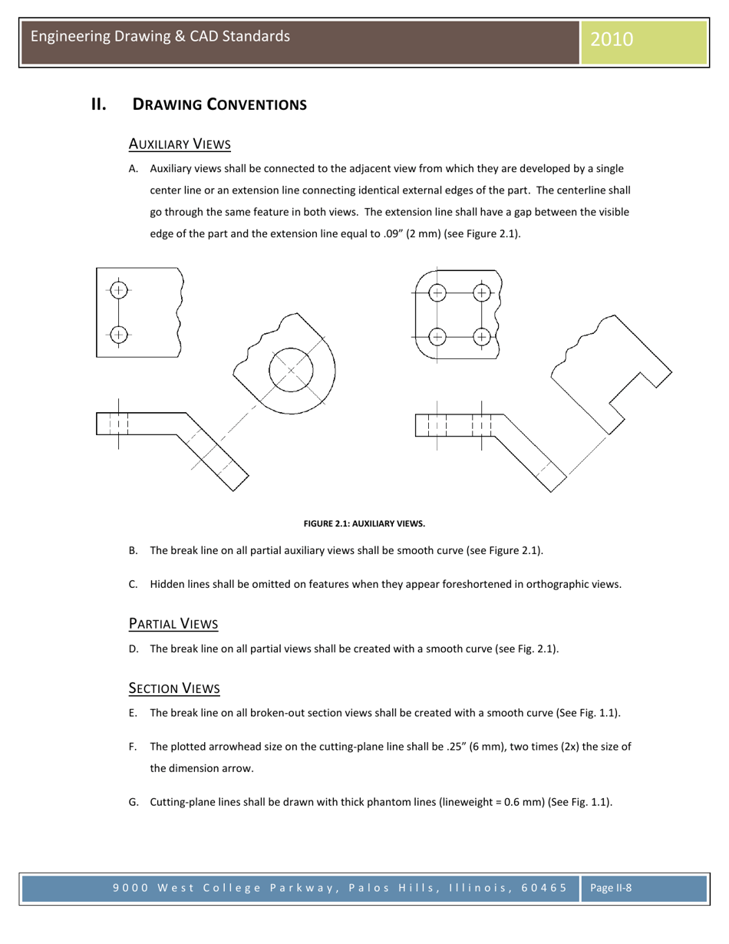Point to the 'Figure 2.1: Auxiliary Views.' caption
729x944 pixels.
tap(364, 523)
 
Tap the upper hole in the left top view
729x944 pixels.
tap(117, 290)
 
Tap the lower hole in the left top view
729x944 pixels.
tap(117, 334)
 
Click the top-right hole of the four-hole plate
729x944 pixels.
tap(481, 292)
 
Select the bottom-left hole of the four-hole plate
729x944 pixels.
tap(437, 336)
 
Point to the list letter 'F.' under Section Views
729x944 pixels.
tap(133, 746)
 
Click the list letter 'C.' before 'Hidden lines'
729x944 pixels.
tap(133, 584)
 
